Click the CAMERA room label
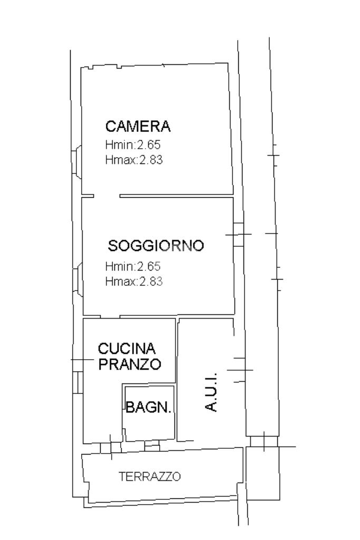[x=138, y=126]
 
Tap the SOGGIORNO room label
[x=156, y=246]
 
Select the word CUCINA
[x=127, y=349]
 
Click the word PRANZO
[x=130, y=364]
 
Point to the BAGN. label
[x=148, y=407]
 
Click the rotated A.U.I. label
[x=211, y=392]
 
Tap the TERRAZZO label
[x=150, y=477]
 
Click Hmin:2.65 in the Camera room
[x=133, y=144]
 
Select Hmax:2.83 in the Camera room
[x=134, y=160]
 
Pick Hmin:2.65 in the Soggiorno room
[x=133, y=266]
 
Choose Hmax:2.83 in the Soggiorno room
[x=134, y=282]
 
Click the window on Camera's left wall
[x=76, y=162]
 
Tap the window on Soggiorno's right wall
[x=238, y=235]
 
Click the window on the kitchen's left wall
[x=79, y=382]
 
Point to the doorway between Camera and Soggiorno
[x=106, y=196]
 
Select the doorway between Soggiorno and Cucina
[x=110, y=316]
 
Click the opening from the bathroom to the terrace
[x=152, y=445]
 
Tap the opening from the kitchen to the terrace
[x=111, y=447]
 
